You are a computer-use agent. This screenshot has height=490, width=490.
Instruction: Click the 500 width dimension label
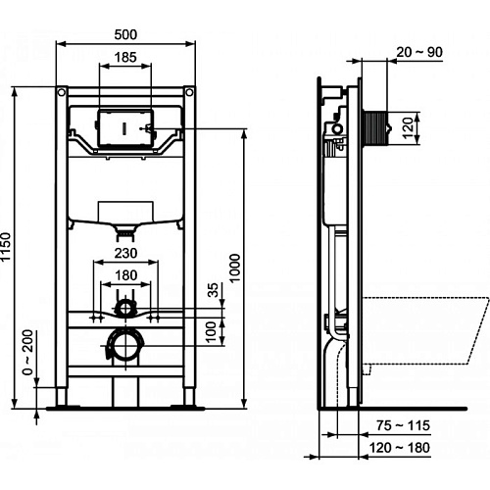(125, 34)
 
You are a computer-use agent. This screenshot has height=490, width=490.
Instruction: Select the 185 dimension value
(125, 58)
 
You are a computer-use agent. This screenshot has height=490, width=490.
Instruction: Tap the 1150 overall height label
(6, 247)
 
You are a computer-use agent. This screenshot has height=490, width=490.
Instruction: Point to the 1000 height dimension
(235, 269)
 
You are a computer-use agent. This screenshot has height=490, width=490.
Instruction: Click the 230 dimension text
(125, 253)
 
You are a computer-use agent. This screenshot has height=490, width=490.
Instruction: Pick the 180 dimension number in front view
(125, 275)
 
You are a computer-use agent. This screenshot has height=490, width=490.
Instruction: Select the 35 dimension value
(213, 290)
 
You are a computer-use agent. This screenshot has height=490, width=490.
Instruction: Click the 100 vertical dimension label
(212, 331)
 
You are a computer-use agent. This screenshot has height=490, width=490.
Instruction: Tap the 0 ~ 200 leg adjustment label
(27, 352)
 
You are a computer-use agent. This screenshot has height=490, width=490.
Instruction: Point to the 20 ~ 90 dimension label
(419, 52)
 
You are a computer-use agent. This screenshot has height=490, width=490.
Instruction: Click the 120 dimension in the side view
(408, 128)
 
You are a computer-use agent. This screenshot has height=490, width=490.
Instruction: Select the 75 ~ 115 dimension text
(403, 425)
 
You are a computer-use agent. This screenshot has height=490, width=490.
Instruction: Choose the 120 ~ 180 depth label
(399, 448)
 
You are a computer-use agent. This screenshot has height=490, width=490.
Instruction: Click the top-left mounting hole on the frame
(61, 92)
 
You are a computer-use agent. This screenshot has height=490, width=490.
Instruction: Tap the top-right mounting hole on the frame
(189, 92)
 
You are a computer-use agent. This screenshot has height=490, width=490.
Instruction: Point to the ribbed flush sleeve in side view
(375, 128)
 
